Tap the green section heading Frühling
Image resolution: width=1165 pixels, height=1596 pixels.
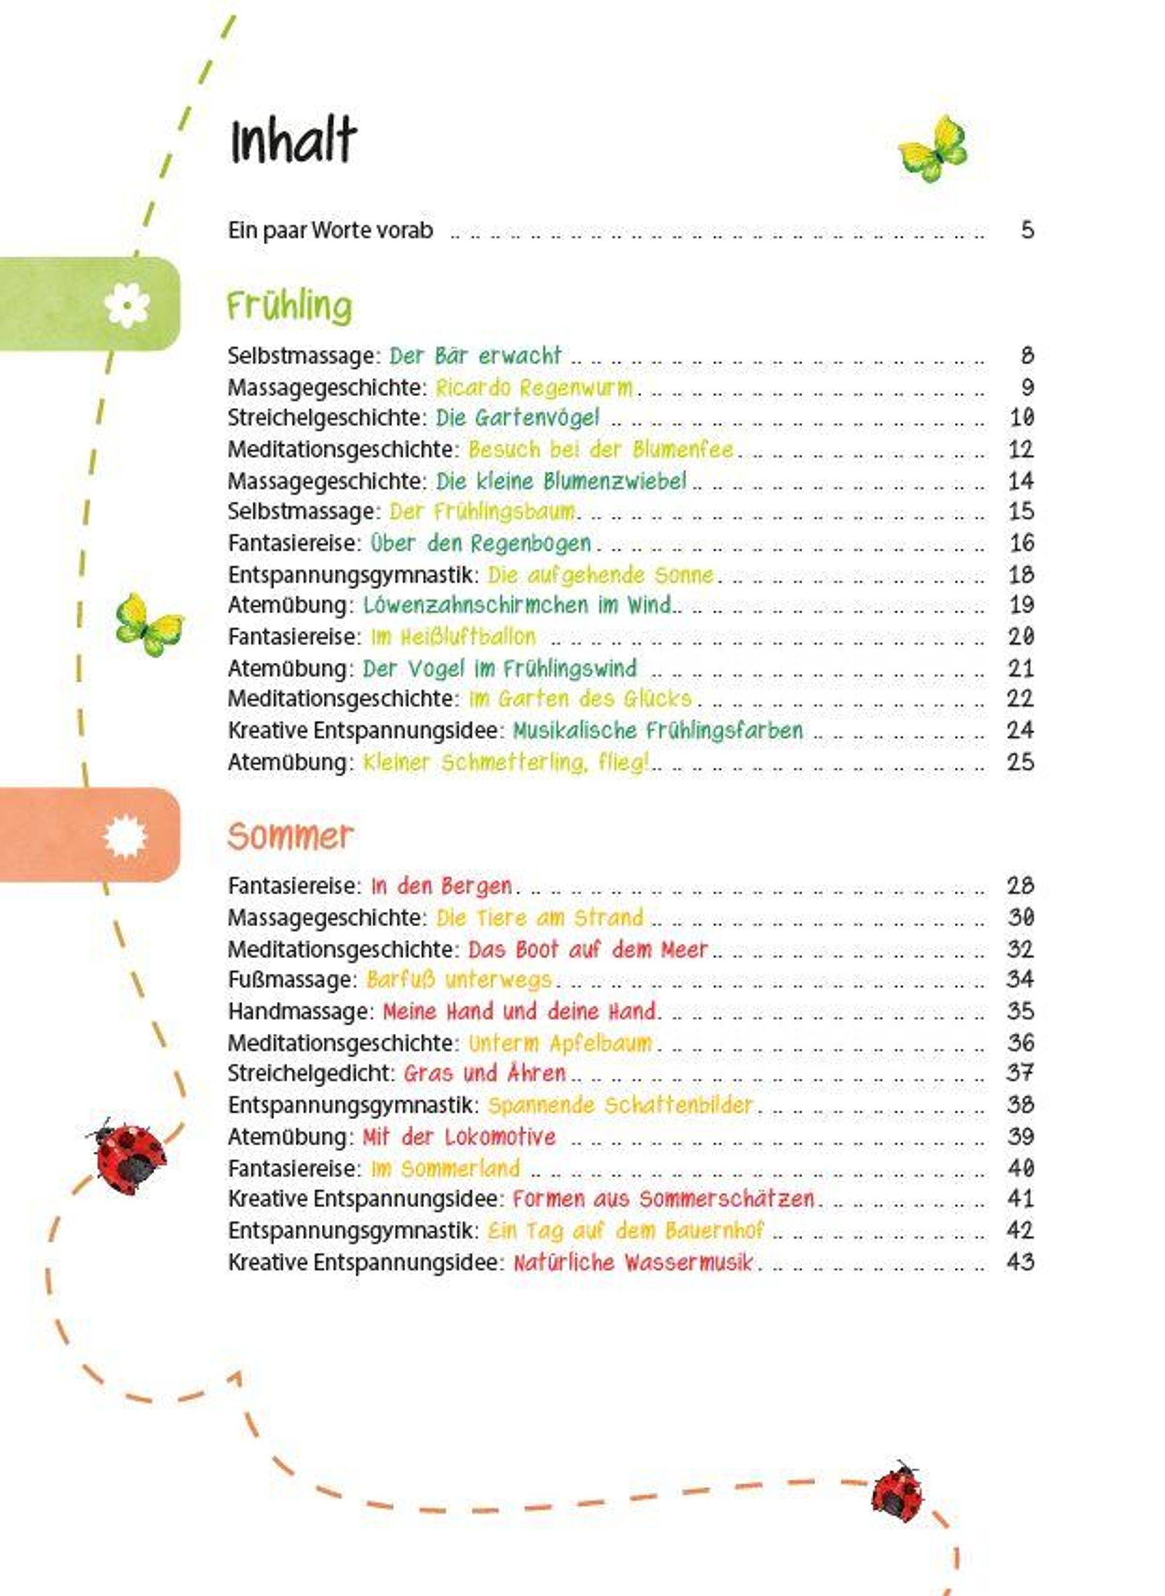point(289,307)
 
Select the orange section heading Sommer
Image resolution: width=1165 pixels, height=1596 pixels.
point(290,837)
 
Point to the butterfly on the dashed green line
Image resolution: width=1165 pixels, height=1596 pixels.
point(149,624)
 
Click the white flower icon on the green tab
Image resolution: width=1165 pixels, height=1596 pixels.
point(127,304)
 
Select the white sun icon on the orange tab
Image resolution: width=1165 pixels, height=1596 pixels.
point(125,837)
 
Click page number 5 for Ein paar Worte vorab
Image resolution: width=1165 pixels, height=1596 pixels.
point(1027,230)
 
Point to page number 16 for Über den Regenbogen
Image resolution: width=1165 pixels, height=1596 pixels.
point(1020,543)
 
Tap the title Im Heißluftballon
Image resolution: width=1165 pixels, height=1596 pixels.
point(453,637)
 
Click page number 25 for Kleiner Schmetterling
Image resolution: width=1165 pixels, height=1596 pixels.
point(1020,762)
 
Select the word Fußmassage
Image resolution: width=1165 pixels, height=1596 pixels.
point(291,980)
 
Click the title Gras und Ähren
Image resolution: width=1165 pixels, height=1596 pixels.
point(484,1074)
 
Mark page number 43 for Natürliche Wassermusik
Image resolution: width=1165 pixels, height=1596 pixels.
point(1020,1262)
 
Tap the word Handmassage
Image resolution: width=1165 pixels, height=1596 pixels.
point(300,1011)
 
